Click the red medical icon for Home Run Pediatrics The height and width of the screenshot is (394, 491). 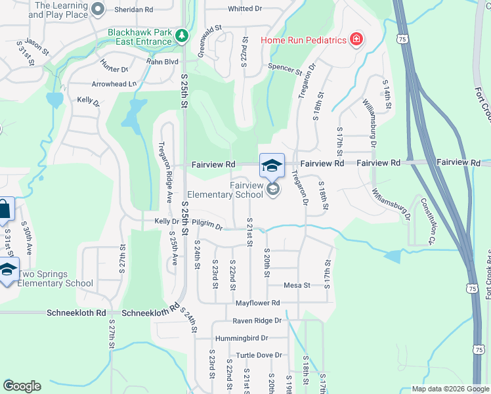click(356, 40)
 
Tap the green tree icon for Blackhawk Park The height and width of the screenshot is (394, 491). click(182, 36)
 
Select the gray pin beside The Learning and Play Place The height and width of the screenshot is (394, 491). click(98, 9)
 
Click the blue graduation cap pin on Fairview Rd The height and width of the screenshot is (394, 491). click(272, 165)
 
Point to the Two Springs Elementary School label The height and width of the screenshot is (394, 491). click(55, 279)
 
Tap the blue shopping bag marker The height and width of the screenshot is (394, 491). click(3, 209)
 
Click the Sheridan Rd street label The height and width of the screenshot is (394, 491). click(134, 10)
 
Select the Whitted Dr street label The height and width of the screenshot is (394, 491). click(244, 9)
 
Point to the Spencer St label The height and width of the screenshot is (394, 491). click(285, 68)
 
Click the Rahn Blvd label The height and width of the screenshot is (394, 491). click(162, 62)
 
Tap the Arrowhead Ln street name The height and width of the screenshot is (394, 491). click(114, 84)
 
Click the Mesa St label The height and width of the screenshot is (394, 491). click(297, 286)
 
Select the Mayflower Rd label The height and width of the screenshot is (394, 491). click(258, 303)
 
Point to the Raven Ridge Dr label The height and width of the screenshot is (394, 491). click(257, 320)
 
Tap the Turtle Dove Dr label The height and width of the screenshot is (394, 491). click(259, 355)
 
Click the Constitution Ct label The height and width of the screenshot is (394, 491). click(429, 220)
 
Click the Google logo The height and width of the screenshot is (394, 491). click(22, 386)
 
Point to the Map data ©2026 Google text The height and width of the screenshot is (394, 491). click(449, 389)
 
